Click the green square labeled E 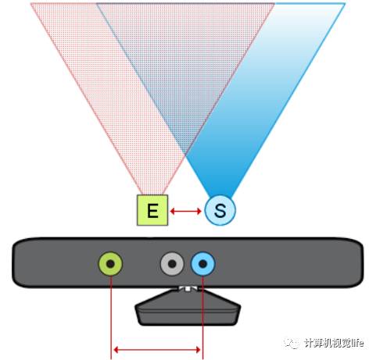tap(152, 210)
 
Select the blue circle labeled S tap(220, 210)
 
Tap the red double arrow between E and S tap(185, 211)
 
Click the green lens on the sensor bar tap(110, 264)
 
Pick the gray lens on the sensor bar tap(172, 264)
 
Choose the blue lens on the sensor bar tap(203, 264)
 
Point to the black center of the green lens tap(110, 264)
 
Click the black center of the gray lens tap(172, 264)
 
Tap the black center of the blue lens tap(203, 264)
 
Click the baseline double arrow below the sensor tap(157, 350)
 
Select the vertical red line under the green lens tap(111, 318)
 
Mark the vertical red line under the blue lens tap(202, 318)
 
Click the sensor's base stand tap(188, 307)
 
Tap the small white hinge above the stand tap(188, 288)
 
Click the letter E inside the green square tap(152, 210)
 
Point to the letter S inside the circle tap(220, 211)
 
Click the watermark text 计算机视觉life tap(334, 343)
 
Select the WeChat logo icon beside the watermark tap(292, 343)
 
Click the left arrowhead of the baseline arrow tap(116, 350)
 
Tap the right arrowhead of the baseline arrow tap(198, 350)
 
